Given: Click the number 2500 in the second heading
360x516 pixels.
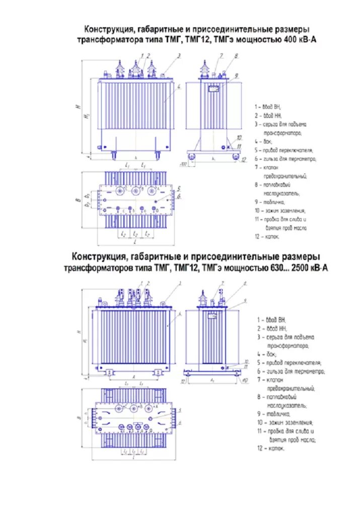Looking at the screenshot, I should (x=299, y=268).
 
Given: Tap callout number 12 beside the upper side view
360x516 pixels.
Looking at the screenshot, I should (x=244, y=160).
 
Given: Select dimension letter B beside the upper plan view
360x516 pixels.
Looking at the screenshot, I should (x=78, y=201).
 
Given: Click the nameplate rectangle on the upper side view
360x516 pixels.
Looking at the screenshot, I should (x=213, y=88).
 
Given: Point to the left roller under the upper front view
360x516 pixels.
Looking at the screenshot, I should (x=113, y=154).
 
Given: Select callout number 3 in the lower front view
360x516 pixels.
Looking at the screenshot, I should (x=179, y=284).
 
